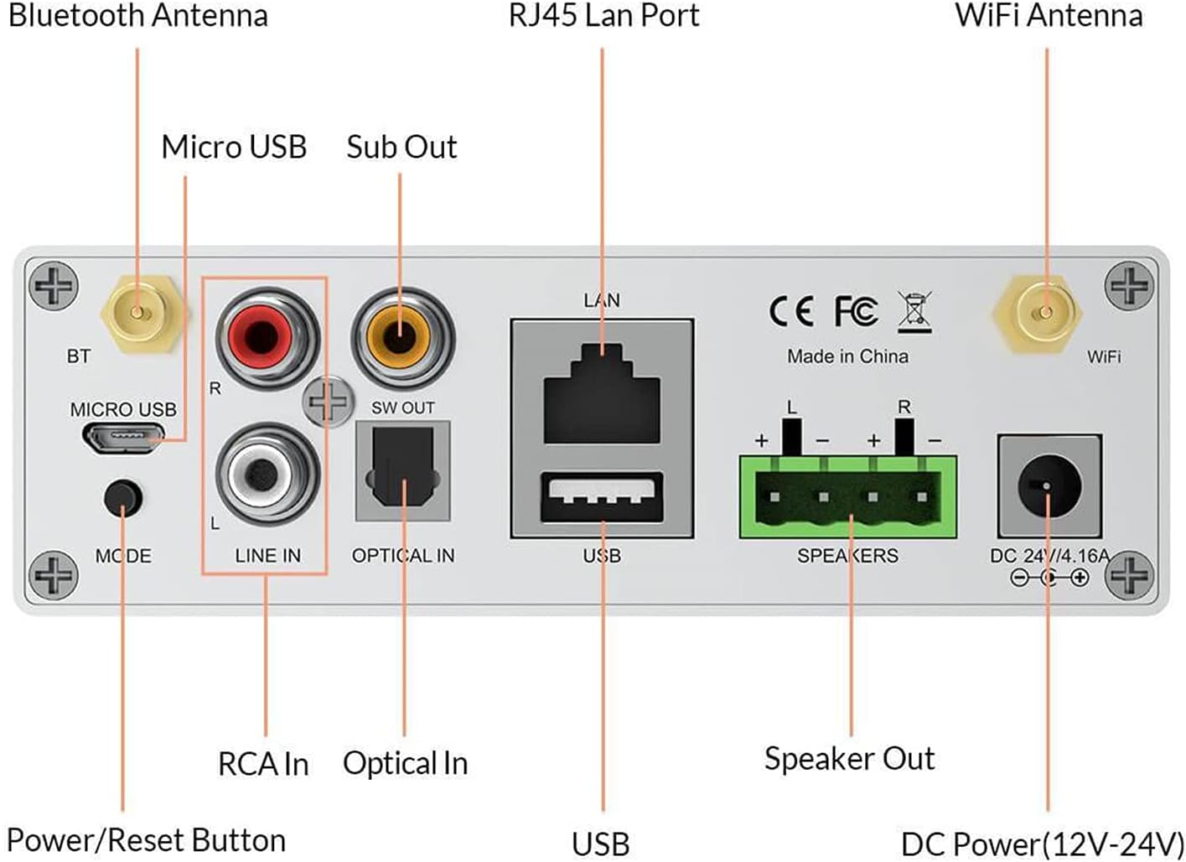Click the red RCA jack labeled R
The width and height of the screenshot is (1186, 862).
click(x=267, y=337)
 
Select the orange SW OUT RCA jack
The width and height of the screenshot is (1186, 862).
click(x=401, y=337)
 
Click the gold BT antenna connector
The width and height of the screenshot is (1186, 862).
click(x=140, y=314)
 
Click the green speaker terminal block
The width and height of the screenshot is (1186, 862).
click(x=848, y=496)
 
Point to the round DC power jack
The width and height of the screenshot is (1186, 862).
click(x=1048, y=486)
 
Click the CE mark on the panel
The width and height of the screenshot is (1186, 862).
click(x=790, y=312)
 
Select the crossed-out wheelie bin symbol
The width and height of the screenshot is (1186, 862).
click(x=914, y=312)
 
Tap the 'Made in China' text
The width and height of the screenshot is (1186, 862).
click(x=847, y=356)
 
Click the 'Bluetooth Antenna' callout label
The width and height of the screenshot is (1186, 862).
click(x=138, y=16)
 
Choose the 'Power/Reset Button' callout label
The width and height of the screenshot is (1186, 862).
click(x=146, y=840)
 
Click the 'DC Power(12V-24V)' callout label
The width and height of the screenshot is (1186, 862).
click(x=1042, y=844)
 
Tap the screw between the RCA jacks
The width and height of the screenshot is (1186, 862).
click(x=326, y=402)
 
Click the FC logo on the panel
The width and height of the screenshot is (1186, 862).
click(x=856, y=312)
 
